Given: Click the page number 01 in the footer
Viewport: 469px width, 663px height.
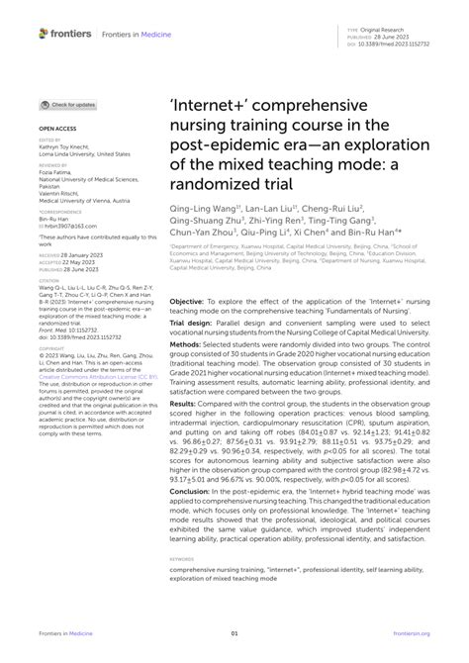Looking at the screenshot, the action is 234,635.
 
